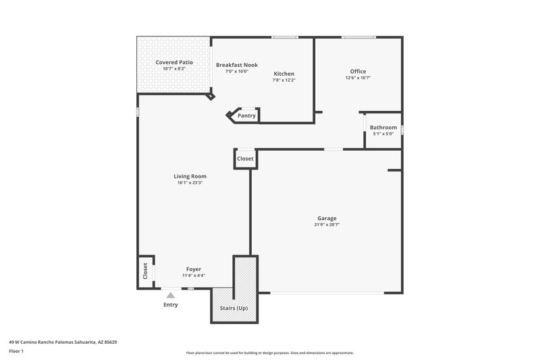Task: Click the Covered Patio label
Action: click(x=174, y=62)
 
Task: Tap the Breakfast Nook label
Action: click(x=237, y=65)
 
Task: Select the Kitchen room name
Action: click(x=283, y=74)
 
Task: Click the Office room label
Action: click(x=358, y=72)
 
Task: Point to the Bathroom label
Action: click(x=383, y=127)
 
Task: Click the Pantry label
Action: click(x=246, y=115)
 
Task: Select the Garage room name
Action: click(x=327, y=218)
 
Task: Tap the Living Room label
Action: click(x=190, y=176)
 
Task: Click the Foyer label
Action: click(x=194, y=269)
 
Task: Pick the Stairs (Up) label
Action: click(x=234, y=309)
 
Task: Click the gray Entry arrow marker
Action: click(x=171, y=294)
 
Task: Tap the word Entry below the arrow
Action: click(x=171, y=305)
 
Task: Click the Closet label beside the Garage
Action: click(x=245, y=159)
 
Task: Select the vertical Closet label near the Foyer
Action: click(x=145, y=272)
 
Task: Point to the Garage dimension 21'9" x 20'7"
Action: click(x=327, y=224)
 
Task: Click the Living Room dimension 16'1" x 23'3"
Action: click(x=190, y=182)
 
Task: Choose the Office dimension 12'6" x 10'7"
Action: click(x=358, y=78)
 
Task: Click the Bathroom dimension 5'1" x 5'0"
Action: click(x=383, y=134)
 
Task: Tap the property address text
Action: click(x=63, y=342)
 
